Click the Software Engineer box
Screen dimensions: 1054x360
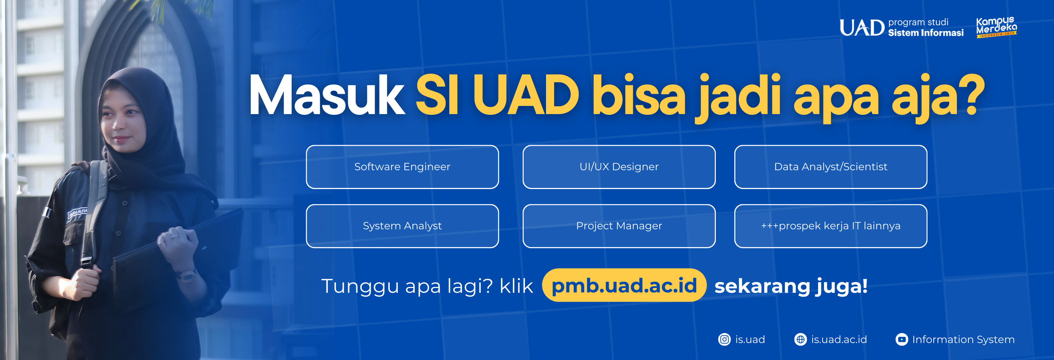(x=402, y=167)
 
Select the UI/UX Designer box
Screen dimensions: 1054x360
(x=619, y=167)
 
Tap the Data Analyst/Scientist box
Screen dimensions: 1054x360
(x=831, y=167)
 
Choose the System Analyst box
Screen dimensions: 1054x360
(x=402, y=226)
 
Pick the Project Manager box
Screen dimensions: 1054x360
(x=619, y=226)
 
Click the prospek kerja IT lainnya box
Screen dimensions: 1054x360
(x=831, y=226)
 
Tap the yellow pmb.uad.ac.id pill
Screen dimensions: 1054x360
(x=624, y=285)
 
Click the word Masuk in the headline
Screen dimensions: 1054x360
(x=326, y=95)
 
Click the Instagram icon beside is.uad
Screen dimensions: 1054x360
(x=724, y=340)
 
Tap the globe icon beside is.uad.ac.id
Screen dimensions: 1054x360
(x=800, y=340)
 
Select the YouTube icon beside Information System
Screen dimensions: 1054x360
(x=902, y=340)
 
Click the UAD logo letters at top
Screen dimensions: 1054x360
(x=862, y=28)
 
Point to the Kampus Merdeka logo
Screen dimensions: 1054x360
(x=996, y=27)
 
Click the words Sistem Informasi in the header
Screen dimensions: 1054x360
(x=926, y=33)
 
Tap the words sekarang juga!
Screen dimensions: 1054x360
(x=791, y=286)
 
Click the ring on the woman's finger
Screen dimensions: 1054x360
(x=175, y=236)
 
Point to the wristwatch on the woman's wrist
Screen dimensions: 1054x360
(x=187, y=275)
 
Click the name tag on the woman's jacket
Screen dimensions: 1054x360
(x=78, y=213)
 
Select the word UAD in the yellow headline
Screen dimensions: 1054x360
(x=526, y=95)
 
